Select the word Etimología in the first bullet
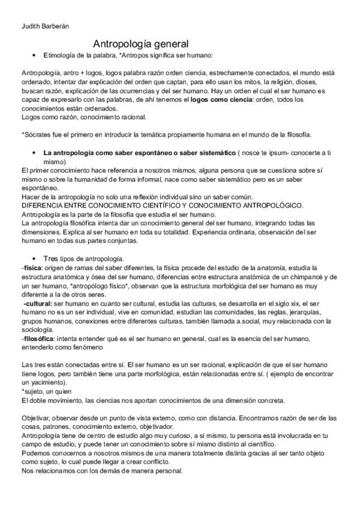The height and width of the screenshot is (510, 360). [63, 55]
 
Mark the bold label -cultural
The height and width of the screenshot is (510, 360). [37, 304]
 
